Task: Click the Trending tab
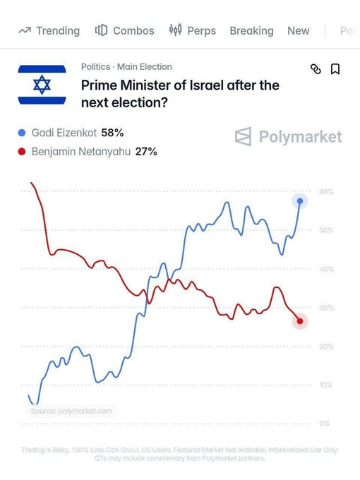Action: click(x=49, y=30)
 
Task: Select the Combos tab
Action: click(x=125, y=30)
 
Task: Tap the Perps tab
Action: click(x=193, y=30)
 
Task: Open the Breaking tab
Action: click(x=251, y=31)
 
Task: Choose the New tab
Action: click(x=299, y=30)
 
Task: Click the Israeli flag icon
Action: click(x=42, y=85)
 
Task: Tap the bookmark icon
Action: click(x=335, y=69)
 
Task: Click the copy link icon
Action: click(x=316, y=69)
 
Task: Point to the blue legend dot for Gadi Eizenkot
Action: click(x=22, y=133)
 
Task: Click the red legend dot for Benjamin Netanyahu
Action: click(x=22, y=152)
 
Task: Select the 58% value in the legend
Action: click(x=112, y=133)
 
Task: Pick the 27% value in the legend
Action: click(x=146, y=152)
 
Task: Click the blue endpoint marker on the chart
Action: click(x=300, y=201)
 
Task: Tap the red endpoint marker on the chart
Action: click(x=300, y=321)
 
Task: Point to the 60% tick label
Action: click(x=326, y=191)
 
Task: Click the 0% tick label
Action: click(x=325, y=424)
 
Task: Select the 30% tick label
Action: click(x=326, y=308)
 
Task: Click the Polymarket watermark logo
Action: click(x=288, y=136)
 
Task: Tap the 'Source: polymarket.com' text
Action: click(x=71, y=411)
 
